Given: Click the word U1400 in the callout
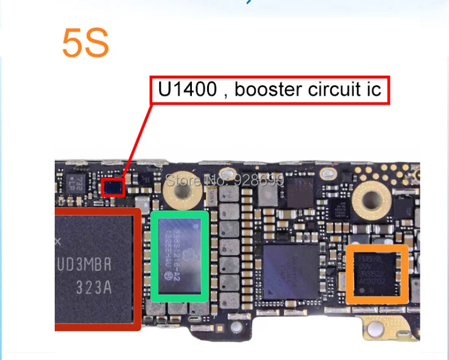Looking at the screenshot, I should pos(187,90).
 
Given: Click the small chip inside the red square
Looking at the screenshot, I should pos(113,188).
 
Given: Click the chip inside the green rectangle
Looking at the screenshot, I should pos(180,255).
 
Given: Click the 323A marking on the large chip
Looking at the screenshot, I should pos(94,287).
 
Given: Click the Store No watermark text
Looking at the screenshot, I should pos(225,180).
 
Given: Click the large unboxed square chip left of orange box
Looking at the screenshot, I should pos(291,272).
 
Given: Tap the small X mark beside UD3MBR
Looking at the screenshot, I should pos(58,242).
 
